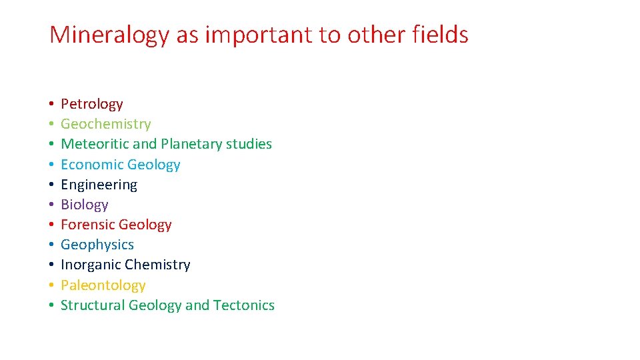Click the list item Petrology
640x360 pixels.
click(92, 104)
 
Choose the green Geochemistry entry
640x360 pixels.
click(106, 124)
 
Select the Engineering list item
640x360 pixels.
click(99, 185)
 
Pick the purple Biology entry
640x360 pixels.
click(84, 205)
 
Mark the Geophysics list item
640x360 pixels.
click(97, 245)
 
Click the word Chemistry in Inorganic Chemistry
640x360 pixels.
click(157, 265)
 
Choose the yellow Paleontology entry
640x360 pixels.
click(103, 285)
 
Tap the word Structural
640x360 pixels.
click(93, 305)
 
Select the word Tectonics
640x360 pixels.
click(244, 305)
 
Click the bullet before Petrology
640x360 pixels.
click(51, 105)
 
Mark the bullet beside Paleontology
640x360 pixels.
click(51, 286)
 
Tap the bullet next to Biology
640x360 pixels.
click(51, 205)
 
